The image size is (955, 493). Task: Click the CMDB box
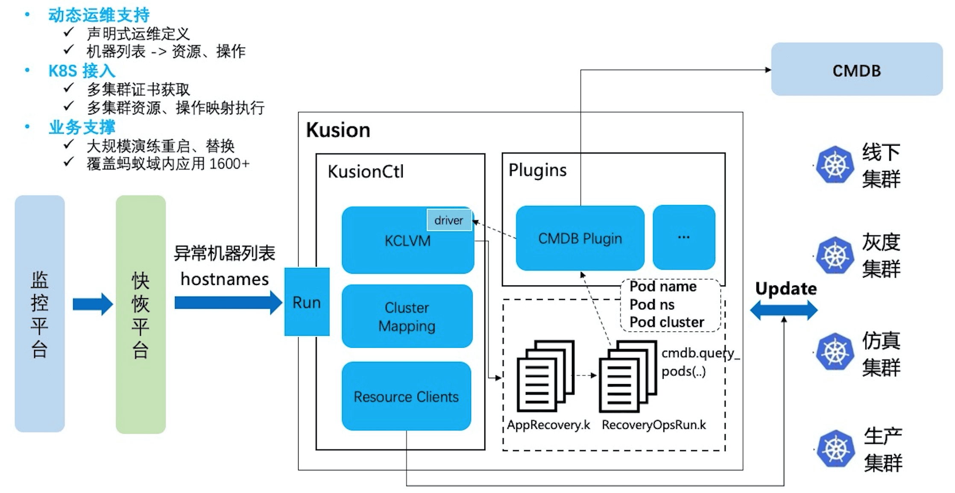tap(856, 70)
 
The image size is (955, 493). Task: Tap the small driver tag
tap(449, 220)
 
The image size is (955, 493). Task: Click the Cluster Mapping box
tap(407, 316)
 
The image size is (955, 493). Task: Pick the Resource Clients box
tap(406, 396)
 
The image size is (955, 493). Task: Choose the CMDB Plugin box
tap(580, 238)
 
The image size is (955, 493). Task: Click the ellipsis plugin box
tap(683, 237)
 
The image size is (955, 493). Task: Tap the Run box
tap(307, 302)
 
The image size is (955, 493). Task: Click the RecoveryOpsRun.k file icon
tap(627, 376)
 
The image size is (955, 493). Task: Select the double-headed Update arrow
tap(784, 310)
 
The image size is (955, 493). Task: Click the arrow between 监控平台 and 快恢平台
tap(92, 304)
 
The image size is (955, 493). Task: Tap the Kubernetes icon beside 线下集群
tap(835, 164)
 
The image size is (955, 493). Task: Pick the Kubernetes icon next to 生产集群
tap(835, 449)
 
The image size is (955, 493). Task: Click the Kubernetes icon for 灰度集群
tap(835, 255)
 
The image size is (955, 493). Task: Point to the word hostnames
tap(225, 279)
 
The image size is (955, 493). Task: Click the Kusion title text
tap(338, 130)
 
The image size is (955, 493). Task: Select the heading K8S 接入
tap(82, 70)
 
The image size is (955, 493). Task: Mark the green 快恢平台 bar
tap(141, 314)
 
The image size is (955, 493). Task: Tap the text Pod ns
tap(652, 304)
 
